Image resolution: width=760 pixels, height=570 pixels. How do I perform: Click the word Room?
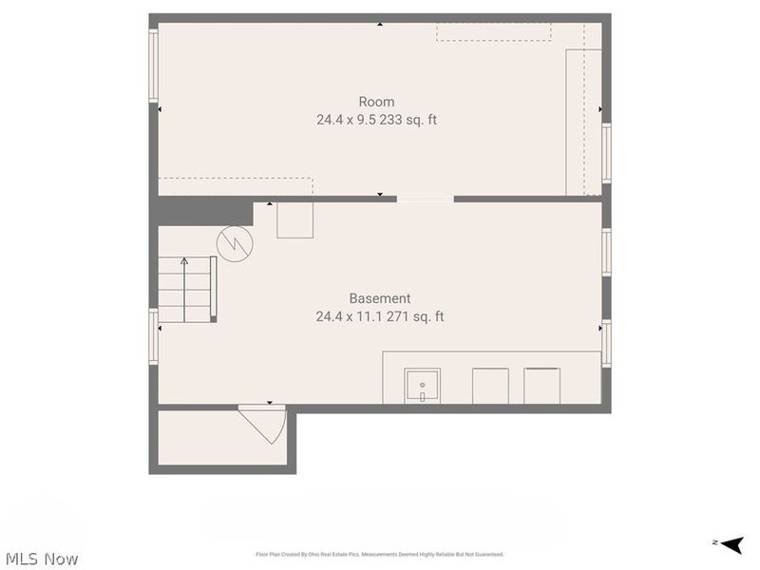coord(376,102)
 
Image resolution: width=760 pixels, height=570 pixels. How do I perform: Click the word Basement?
coord(379,298)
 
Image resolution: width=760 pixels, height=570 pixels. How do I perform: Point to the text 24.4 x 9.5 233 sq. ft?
coord(376,121)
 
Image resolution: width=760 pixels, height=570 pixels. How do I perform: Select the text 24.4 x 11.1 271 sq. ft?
coord(379,316)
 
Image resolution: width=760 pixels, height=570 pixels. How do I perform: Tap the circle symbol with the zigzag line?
coord(235,244)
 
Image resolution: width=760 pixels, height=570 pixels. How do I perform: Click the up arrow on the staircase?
coord(184,262)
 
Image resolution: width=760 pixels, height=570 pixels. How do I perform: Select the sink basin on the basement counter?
coord(422,386)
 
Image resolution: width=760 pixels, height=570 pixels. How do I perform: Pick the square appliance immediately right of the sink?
coord(491,386)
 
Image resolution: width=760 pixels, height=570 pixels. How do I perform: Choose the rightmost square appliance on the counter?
coord(542,386)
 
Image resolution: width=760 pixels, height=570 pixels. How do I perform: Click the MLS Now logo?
coord(42,559)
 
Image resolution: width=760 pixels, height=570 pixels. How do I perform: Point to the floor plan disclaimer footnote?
coord(379,554)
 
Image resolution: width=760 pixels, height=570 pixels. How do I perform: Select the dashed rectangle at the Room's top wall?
coord(493,31)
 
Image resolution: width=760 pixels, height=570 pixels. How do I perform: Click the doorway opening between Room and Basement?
coord(425,199)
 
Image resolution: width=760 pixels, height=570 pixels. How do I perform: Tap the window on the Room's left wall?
coord(153,65)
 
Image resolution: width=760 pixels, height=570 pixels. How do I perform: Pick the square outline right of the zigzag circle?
coord(294,220)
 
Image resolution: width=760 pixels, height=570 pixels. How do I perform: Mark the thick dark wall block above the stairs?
coord(203,211)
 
